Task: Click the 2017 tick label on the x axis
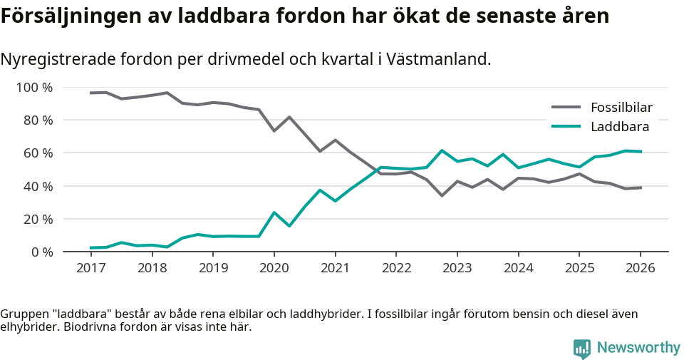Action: click(90, 268)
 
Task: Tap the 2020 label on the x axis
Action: click(274, 268)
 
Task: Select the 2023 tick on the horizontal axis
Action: click(457, 268)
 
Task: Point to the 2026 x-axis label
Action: click(640, 268)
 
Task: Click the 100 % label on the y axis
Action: click(34, 88)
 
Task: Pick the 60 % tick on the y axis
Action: click(37, 153)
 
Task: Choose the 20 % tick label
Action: click(37, 219)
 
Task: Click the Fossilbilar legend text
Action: click(621, 108)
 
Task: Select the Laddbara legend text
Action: click(619, 127)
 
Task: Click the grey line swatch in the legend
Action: click(566, 108)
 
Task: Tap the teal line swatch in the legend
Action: click(566, 127)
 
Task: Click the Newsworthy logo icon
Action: click(581, 348)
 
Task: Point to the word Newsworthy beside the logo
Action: click(638, 348)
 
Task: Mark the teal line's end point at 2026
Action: click(641, 151)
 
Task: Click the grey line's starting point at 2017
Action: click(90, 93)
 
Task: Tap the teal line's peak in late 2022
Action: click(442, 150)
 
